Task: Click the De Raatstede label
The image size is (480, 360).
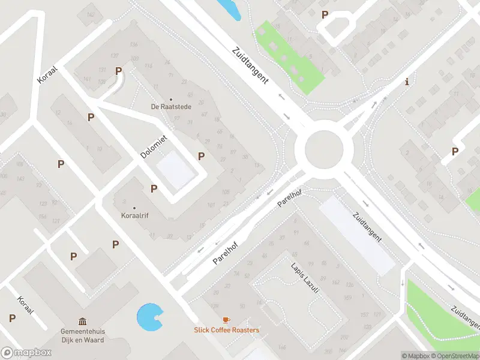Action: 170,107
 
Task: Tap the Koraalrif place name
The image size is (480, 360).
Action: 134,215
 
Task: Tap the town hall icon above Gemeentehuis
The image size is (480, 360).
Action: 82,321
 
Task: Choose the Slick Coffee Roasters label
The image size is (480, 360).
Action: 226,330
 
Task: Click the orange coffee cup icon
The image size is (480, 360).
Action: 226,320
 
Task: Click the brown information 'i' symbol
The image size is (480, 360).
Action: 407,82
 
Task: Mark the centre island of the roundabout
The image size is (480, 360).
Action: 324,150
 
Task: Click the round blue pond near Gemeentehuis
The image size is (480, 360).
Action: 149,317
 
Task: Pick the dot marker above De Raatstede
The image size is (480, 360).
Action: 170,100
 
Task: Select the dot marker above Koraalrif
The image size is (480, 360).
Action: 134,207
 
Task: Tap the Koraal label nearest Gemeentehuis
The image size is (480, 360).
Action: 25,308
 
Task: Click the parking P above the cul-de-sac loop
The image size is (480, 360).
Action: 325,15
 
